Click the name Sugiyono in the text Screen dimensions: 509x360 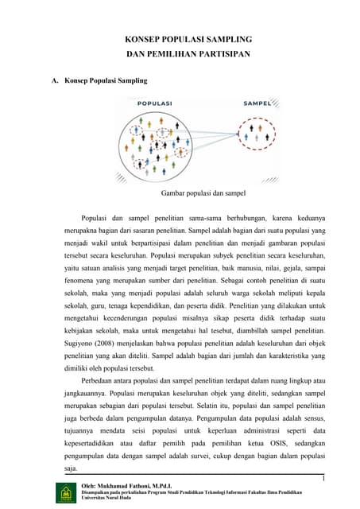click(79, 335)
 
